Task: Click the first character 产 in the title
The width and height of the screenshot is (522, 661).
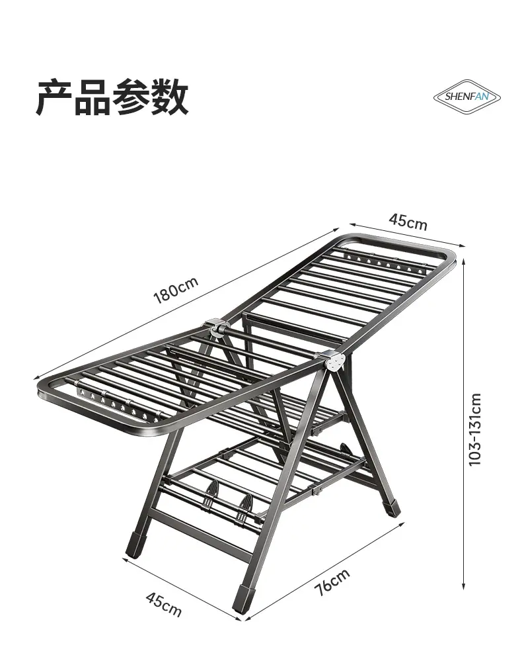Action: click(x=54, y=97)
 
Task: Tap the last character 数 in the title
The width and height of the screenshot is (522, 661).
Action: click(x=170, y=97)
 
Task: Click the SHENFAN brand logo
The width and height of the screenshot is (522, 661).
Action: click(x=466, y=97)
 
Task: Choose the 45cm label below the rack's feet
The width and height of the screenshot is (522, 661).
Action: click(x=163, y=603)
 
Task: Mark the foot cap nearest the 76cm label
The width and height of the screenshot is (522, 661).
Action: click(x=242, y=599)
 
